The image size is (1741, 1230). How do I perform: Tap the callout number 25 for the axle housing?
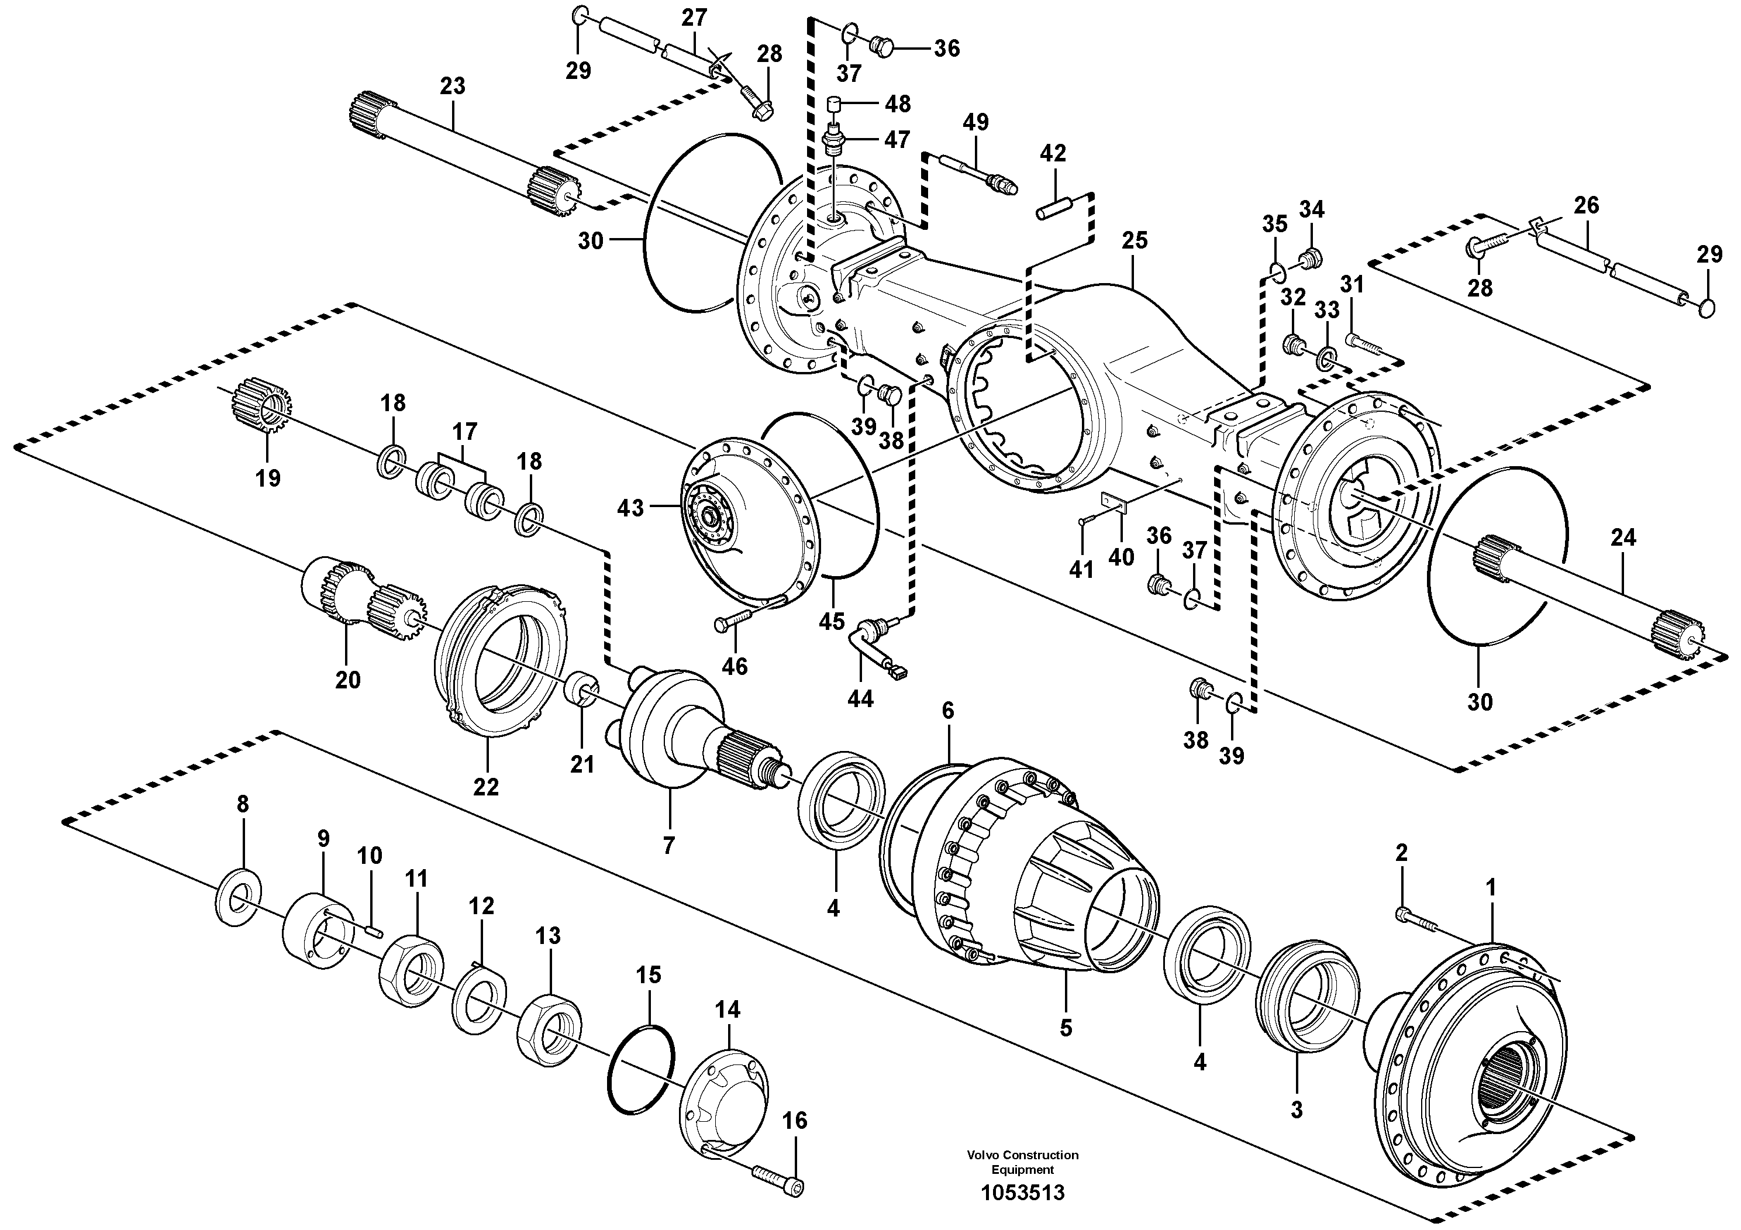click(x=1135, y=240)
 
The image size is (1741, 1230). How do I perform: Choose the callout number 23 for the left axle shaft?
click(x=452, y=87)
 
